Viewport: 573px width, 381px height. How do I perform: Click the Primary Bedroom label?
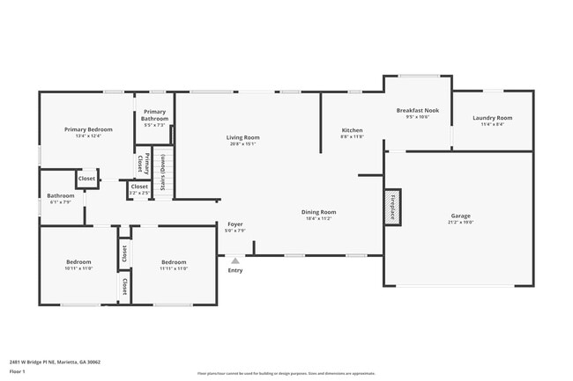[x=88, y=129]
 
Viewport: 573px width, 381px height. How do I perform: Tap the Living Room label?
[x=242, y=137]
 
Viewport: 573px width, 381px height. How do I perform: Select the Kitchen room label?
[x=352, y=130]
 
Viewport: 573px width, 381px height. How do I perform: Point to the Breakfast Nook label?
[x=417, y=111]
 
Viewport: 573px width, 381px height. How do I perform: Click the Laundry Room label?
[x=491, y=118]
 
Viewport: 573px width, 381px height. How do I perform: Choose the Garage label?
[x=460, y=216]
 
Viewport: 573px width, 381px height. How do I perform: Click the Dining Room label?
[x=318, y=212]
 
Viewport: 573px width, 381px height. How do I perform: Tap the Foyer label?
[x=235, y=224]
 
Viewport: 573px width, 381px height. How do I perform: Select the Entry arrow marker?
[x=235, y=260]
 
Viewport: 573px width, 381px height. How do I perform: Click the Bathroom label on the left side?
[x=61, y=195]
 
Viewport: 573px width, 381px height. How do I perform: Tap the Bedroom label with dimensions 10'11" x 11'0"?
[x=78, y=261]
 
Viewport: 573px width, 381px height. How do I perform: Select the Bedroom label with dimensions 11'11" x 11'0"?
[x=173, y=261]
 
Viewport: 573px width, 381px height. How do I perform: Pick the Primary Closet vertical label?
[x=139, y=164]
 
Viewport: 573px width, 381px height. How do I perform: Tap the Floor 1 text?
[x=19, y=372]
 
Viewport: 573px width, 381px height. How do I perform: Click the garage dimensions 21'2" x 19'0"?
[x=460, y=223]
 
